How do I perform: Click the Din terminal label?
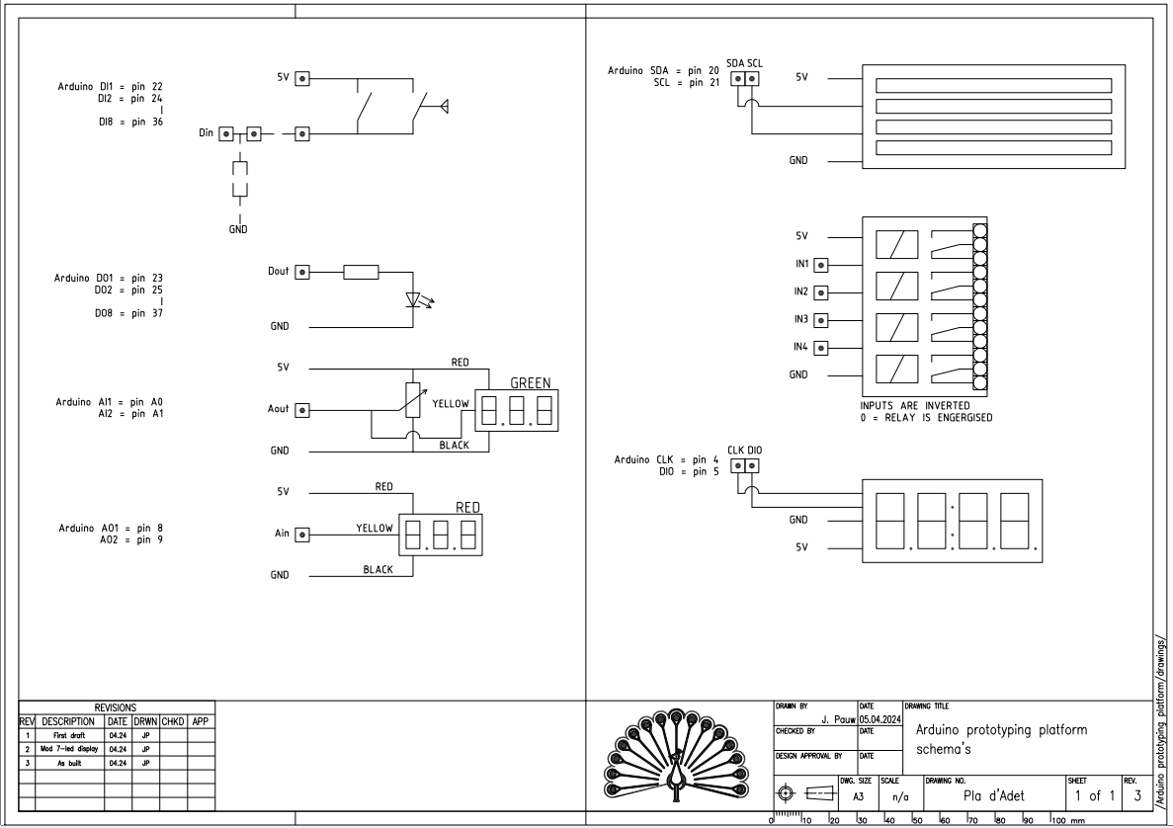[x=206, y=131]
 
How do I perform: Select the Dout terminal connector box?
[x=302, y=272]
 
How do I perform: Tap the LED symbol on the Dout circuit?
[x=415, y=298]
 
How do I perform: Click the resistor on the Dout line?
[x=361, y=272]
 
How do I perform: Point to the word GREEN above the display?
[x=530, y=383]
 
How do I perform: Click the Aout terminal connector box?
[x=302, y=409]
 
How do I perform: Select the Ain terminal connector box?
[x=302, y=534]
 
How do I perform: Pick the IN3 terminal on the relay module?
[x=818, y=320]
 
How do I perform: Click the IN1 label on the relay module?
[x=801, y=264]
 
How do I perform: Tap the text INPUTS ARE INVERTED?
[x=914, y=405]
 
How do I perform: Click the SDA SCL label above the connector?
[x=744, y=63]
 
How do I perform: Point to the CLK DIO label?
[x=744, y=451]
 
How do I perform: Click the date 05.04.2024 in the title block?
[x=880, y=718]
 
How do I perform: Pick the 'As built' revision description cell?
[x=68, y=764]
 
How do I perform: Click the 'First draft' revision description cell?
[x=68, y=736]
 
